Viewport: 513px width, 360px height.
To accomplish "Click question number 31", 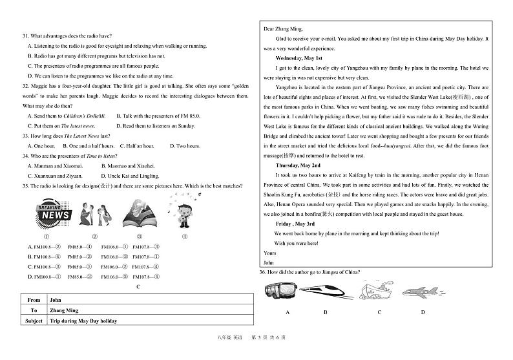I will [x=26, y=36].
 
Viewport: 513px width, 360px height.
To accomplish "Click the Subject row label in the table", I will [x=33, y=321].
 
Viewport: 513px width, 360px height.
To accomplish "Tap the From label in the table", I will [x=34, y=300].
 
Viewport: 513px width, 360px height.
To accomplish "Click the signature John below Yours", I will [x=269, y=263].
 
